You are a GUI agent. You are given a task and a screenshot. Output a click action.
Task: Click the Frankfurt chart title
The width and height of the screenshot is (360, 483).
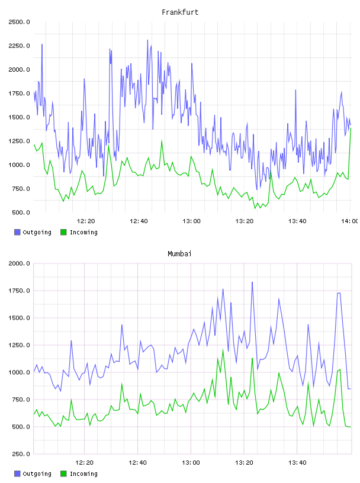[180, 12]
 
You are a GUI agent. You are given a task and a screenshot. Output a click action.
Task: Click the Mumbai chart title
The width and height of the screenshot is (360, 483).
[179, 254]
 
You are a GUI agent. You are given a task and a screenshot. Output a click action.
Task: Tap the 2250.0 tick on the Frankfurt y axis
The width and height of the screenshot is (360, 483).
[19, 46]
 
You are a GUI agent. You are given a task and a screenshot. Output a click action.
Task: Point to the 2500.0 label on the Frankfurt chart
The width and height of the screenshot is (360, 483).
[19, 22]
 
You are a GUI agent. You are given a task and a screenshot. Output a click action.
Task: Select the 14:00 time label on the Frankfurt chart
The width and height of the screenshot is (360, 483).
[349, 221]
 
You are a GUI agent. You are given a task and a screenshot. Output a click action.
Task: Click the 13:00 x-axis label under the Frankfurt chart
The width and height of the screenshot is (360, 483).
[191, 221]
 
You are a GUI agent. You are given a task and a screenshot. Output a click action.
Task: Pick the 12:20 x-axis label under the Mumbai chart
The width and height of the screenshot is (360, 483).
[85, 463]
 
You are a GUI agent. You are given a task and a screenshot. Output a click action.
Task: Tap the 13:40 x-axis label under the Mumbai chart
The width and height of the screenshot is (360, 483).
[297, 463]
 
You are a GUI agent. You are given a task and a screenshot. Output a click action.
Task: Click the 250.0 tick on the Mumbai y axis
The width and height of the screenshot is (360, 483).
[21, 454]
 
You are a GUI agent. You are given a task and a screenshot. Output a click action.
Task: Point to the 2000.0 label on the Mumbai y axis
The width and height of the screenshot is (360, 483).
[19, 263]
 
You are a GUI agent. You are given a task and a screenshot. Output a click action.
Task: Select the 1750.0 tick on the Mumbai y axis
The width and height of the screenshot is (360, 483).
[19, 291]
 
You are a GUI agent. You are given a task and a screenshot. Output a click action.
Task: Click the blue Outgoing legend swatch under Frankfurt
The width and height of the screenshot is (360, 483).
[17, 232]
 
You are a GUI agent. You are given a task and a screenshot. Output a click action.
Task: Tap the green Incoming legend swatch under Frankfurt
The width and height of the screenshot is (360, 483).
[63, 232]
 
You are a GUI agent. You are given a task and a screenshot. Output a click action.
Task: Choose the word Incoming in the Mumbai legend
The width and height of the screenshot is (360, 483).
[83, 474]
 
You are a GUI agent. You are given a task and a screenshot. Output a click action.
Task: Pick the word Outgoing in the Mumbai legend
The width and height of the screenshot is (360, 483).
[37, 474]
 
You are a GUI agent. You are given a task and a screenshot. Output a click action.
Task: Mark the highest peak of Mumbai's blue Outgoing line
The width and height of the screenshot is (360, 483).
[252, 282]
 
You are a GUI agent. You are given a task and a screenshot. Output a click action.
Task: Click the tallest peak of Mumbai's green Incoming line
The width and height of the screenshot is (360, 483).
[223, 350]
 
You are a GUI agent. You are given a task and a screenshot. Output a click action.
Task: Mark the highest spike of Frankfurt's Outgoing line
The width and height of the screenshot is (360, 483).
[147, 40]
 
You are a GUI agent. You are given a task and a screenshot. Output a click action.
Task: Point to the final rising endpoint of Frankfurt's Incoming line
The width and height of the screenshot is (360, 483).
[351, 128]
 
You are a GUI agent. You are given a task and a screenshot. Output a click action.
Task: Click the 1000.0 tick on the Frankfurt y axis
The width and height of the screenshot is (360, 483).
[19, 165]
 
